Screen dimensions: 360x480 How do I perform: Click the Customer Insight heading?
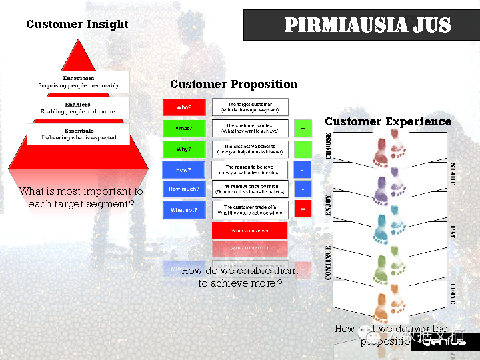77,25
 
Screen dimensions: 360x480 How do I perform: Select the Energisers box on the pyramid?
78,82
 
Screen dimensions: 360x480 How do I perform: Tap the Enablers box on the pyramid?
78,108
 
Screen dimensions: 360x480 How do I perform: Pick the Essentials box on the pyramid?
79,134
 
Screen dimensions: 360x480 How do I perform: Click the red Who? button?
183,107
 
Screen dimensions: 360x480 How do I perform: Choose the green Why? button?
183,149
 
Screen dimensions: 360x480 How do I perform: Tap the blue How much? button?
183,189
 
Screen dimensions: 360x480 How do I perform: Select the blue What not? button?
183,210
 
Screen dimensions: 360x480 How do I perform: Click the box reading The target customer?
250,107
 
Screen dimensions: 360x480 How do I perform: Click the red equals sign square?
302,210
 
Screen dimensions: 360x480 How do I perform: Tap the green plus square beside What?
302,128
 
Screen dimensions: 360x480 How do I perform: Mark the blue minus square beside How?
302,170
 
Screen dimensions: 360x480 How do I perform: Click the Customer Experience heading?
388,121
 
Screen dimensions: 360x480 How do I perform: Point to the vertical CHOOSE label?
329,146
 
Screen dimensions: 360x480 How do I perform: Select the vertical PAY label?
453,232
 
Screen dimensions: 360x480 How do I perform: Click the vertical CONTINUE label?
329,262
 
